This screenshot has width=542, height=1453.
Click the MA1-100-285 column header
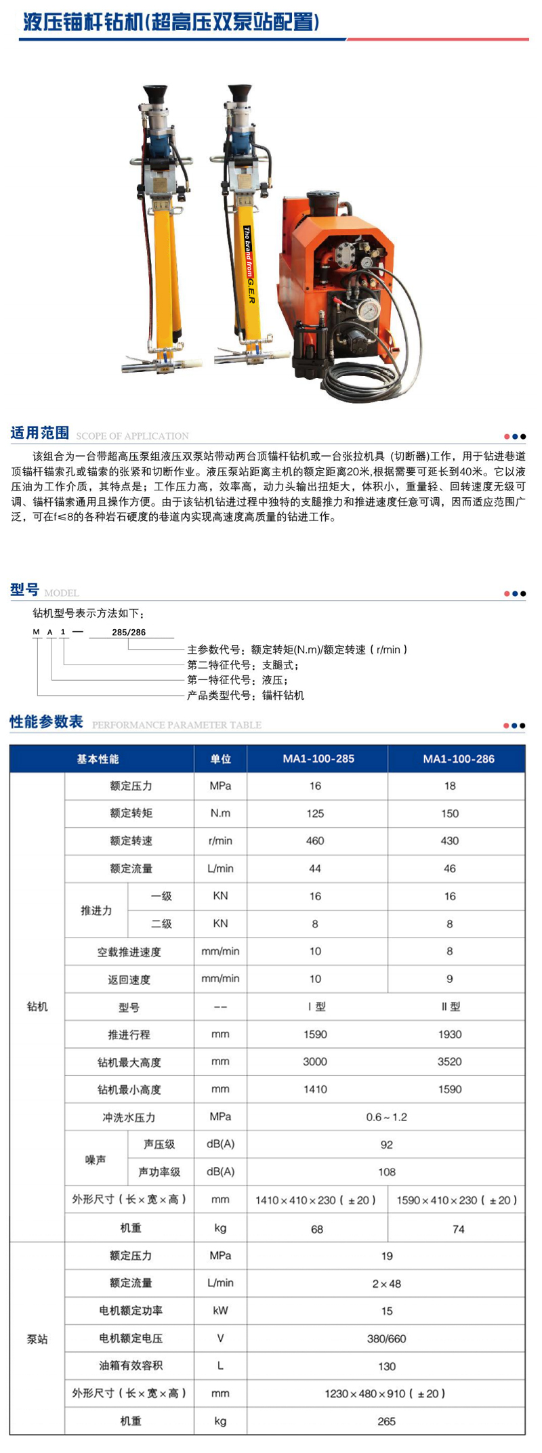tap(318, 759)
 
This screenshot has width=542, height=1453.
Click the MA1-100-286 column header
tap(458, 759)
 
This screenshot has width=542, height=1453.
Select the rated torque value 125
tap(315, 814)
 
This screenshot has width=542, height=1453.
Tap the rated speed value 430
tap(449, 841)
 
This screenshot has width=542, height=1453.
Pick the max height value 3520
tap(449, 1061)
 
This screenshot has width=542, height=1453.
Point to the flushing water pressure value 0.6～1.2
tap(386, 1117)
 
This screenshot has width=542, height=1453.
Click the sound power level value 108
tap(386, 1172)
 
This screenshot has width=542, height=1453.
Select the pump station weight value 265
tap(386, 1421)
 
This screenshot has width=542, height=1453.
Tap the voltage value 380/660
tap(386, 1339)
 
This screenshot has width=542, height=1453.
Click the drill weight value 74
tap(458, 1229)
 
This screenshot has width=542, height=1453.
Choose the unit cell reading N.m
tap(220, 814)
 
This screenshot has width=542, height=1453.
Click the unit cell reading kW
tap(220, 1311)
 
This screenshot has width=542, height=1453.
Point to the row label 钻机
tap(37, 1007)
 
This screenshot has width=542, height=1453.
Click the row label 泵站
tap(37, 1339)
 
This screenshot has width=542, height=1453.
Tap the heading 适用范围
tap(40, 433)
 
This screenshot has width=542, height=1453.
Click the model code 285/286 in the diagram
tap(129, 632)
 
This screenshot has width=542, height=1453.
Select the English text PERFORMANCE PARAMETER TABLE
tap(176, 725)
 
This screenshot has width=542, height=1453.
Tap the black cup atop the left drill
tap(155, 93)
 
